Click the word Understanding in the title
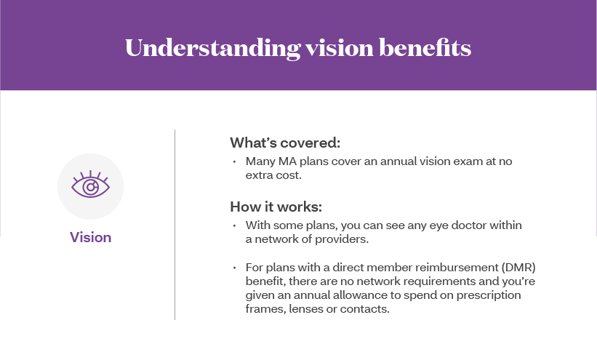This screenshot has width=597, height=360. click(212, 49)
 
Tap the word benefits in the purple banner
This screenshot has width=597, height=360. click(425, 47)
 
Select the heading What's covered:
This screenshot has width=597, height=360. click(285, 143)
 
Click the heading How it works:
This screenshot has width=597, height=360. click(276, 207)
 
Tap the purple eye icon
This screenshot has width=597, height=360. click(91, 185)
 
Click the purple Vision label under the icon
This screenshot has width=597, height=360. click(91, 237)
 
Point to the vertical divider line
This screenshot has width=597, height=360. click(175, 225)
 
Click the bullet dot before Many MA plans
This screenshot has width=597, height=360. click(234, 161)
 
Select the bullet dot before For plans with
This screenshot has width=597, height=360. click(234, 268)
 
